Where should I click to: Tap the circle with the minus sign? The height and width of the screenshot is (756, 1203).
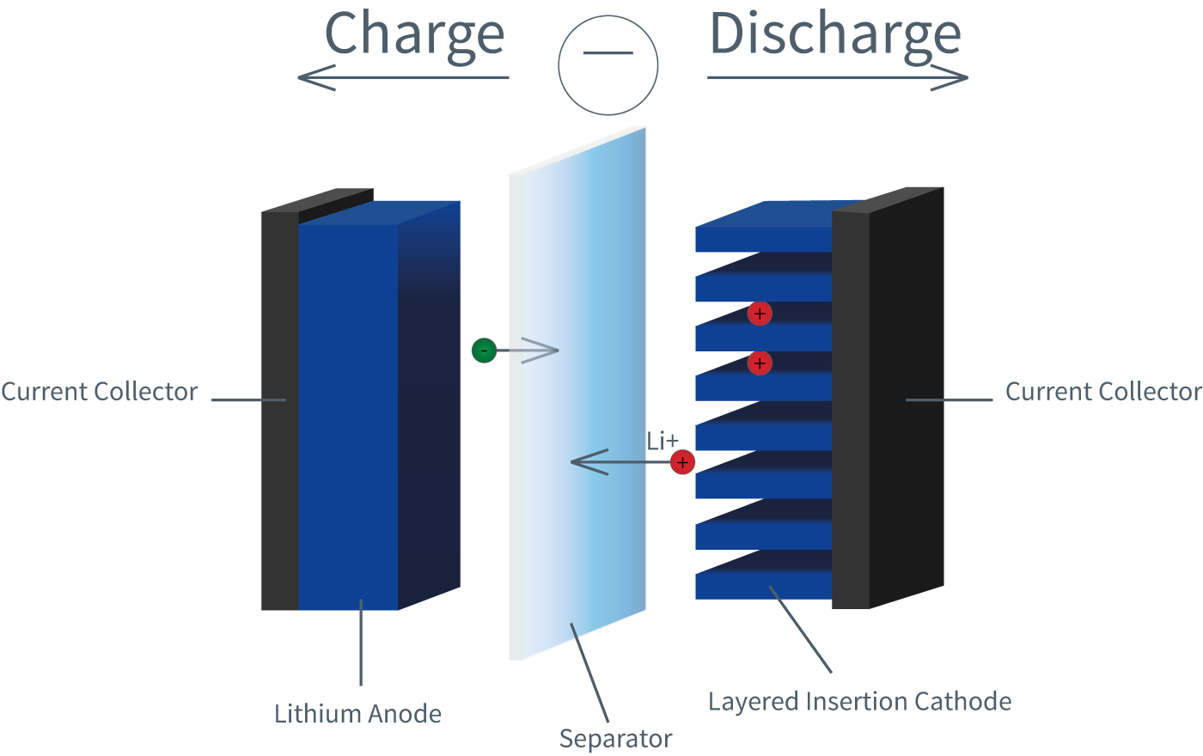point(608,65)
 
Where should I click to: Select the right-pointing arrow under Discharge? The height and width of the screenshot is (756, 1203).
point(838,77)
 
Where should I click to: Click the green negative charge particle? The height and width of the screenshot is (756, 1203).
point(484,351)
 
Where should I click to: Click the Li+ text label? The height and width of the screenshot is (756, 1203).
point(663,442)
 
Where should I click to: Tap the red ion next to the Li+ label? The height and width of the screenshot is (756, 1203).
point(682,463)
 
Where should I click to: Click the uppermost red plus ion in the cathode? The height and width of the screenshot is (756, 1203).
point(759,314)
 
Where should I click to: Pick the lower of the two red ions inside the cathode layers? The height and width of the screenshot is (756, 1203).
point(759,363)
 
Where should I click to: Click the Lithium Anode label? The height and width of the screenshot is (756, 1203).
point(357,714)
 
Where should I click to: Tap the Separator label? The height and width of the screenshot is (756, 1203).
point(615,739)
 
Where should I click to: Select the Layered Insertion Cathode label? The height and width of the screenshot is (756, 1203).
point(859,702)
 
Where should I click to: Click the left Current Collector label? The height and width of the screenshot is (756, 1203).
point(100,392)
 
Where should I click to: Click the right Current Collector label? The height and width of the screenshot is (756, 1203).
point(1103,392)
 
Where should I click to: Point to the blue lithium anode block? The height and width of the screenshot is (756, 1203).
point(348,412)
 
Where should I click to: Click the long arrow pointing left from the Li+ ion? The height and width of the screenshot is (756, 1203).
point(619,463)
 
